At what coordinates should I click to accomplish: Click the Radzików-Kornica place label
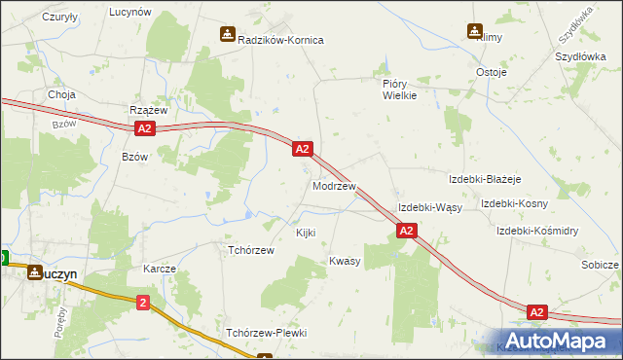point(280,40)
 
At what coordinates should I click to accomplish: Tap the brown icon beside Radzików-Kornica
point(227,35)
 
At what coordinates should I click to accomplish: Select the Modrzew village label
point(334,185)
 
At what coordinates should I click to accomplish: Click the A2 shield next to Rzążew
point(143,128)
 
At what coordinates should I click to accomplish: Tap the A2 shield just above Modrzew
point(302,149)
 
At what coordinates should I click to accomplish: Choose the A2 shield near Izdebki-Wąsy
point(407,231)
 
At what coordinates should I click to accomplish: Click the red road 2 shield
point(143,303)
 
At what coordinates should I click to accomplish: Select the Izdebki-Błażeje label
point(485,180)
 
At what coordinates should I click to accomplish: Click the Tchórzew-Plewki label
point(266,333)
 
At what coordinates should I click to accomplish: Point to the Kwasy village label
point(345,262)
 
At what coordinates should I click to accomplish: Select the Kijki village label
point(306,234)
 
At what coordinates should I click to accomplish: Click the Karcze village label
point(160,269)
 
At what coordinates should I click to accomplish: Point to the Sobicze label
point(600,265)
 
